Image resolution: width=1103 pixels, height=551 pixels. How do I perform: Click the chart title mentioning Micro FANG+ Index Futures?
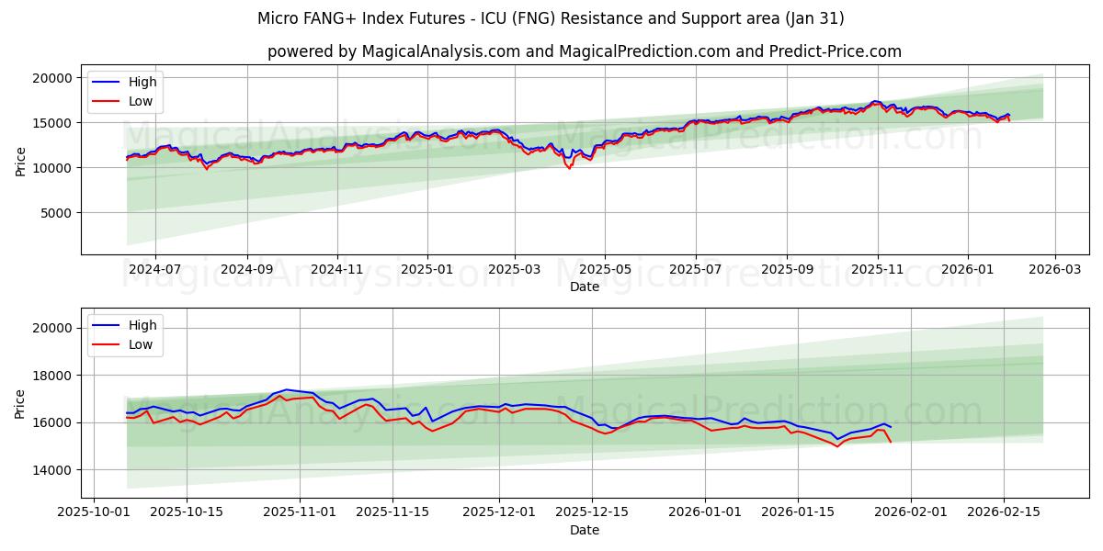coord(551,18)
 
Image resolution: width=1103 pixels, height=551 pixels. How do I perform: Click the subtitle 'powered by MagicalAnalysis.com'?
coord(584,51)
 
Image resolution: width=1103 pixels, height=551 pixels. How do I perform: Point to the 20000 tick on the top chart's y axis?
coord(53,78)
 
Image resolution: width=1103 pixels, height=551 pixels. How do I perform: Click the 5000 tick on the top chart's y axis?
coord(57,213)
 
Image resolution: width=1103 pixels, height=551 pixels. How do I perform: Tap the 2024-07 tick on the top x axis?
coord(154,269)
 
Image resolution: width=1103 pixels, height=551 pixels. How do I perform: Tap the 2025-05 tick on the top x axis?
coord(605,269)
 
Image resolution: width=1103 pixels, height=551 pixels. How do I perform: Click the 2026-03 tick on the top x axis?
coord(1054,269)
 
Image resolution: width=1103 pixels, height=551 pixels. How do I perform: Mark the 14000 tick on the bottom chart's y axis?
coord(53,470)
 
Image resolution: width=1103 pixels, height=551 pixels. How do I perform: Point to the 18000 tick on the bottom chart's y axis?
coord(53,376)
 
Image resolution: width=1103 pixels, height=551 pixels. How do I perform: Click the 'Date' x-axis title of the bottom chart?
coord(584,530)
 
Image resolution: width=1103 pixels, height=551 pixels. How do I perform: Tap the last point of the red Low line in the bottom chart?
coord(890,443)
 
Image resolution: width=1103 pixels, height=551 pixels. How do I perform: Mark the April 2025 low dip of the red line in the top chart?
coord(569,168)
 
